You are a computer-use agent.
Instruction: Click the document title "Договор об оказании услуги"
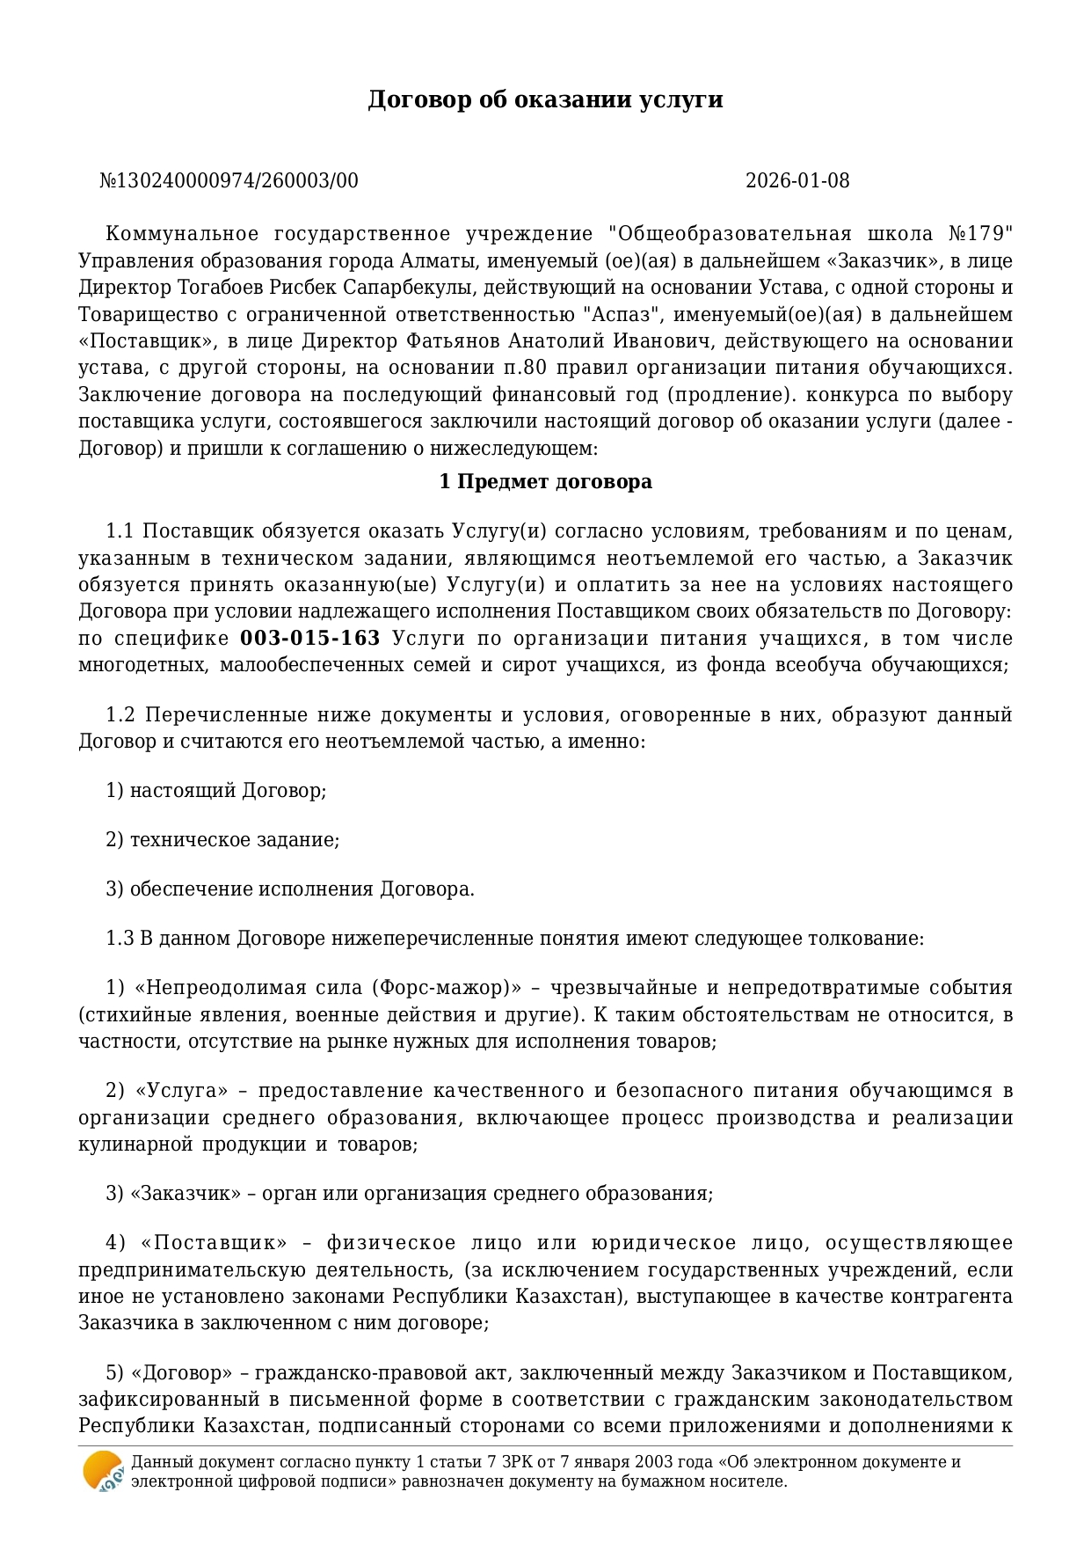click(x=545, y=99)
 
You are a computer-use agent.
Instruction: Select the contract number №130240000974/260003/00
click(x=229, y=181)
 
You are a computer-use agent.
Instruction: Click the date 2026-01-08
click(x=797, y=181)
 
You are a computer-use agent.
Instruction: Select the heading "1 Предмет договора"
click(x=545, y=482)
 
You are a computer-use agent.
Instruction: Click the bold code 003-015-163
click(x=310, y=639)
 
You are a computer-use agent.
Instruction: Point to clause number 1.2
click(x=122, y=715)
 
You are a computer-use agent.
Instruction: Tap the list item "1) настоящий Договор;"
click(x=216, y=791)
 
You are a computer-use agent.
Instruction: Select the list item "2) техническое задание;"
click(x=222, y=840)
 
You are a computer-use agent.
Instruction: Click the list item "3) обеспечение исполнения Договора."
click(x=290, y=889)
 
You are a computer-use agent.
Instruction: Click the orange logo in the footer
click(x=103, y=1471)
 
